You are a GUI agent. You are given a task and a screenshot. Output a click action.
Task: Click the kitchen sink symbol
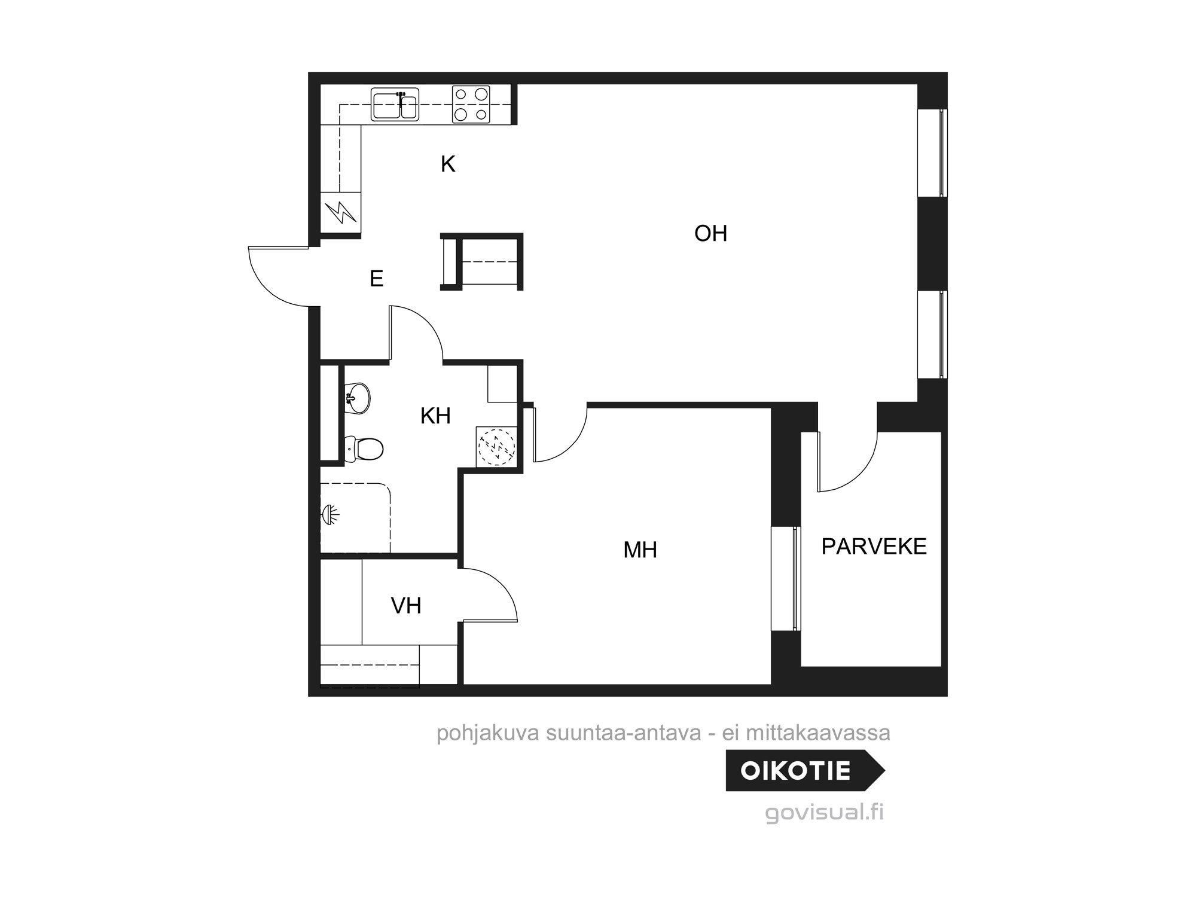tap(395, 105)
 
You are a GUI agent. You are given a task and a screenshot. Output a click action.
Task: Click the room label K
tap(448, 164)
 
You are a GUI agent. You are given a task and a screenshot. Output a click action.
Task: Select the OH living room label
tap(710, 233)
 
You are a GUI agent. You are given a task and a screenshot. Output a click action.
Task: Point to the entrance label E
tap(376, 279)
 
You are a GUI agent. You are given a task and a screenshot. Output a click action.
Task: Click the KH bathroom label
tap(435, 416)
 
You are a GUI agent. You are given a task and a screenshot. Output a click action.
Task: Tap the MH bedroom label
tap(640, 550)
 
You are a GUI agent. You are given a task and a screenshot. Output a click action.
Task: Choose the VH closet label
tap(406, 606)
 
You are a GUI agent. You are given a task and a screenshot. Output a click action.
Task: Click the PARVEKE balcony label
tap(874, 547)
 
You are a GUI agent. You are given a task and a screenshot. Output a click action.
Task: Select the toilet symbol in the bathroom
tap(365, 449)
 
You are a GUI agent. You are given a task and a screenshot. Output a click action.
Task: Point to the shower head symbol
tap(331, 514)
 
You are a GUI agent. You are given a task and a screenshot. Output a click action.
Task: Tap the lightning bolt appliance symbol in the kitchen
tap(340, 212)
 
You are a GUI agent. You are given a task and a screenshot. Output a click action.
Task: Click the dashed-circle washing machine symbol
tap(496, 446)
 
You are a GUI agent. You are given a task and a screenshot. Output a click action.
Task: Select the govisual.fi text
tap(824, 813)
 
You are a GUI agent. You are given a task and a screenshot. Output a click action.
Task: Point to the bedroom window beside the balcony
tap(785, 578)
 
